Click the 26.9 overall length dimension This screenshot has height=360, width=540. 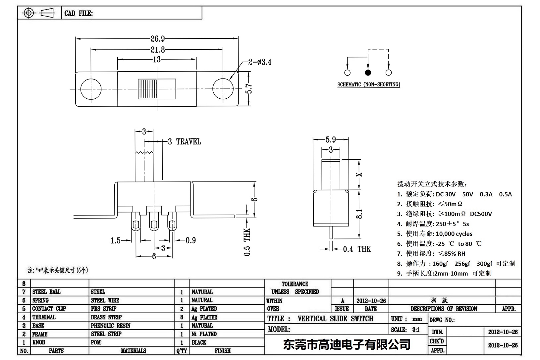click(158, 39)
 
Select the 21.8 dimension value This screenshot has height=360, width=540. click(158, 50)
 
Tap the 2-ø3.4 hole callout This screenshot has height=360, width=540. click(260, 62)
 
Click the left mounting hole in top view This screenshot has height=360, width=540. click(91, 89)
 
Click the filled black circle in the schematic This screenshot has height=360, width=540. click(368, 73)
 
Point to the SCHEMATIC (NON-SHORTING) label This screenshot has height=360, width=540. click(369, 84)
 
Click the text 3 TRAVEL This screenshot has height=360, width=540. click(184, 142)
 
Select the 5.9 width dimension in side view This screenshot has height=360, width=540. click(331, 140)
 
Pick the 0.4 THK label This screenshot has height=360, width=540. click(357, 249)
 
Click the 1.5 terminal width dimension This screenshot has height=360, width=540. click(116, 240)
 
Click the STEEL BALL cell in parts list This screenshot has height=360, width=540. click(46, 292)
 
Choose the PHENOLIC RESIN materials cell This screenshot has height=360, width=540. click(111, 326)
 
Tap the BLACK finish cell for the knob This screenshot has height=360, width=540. click(199, 342)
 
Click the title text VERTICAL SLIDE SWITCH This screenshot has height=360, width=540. click(335, 319)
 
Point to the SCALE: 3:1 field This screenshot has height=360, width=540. click(405, 330)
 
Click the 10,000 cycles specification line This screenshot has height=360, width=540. click(435, 234)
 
